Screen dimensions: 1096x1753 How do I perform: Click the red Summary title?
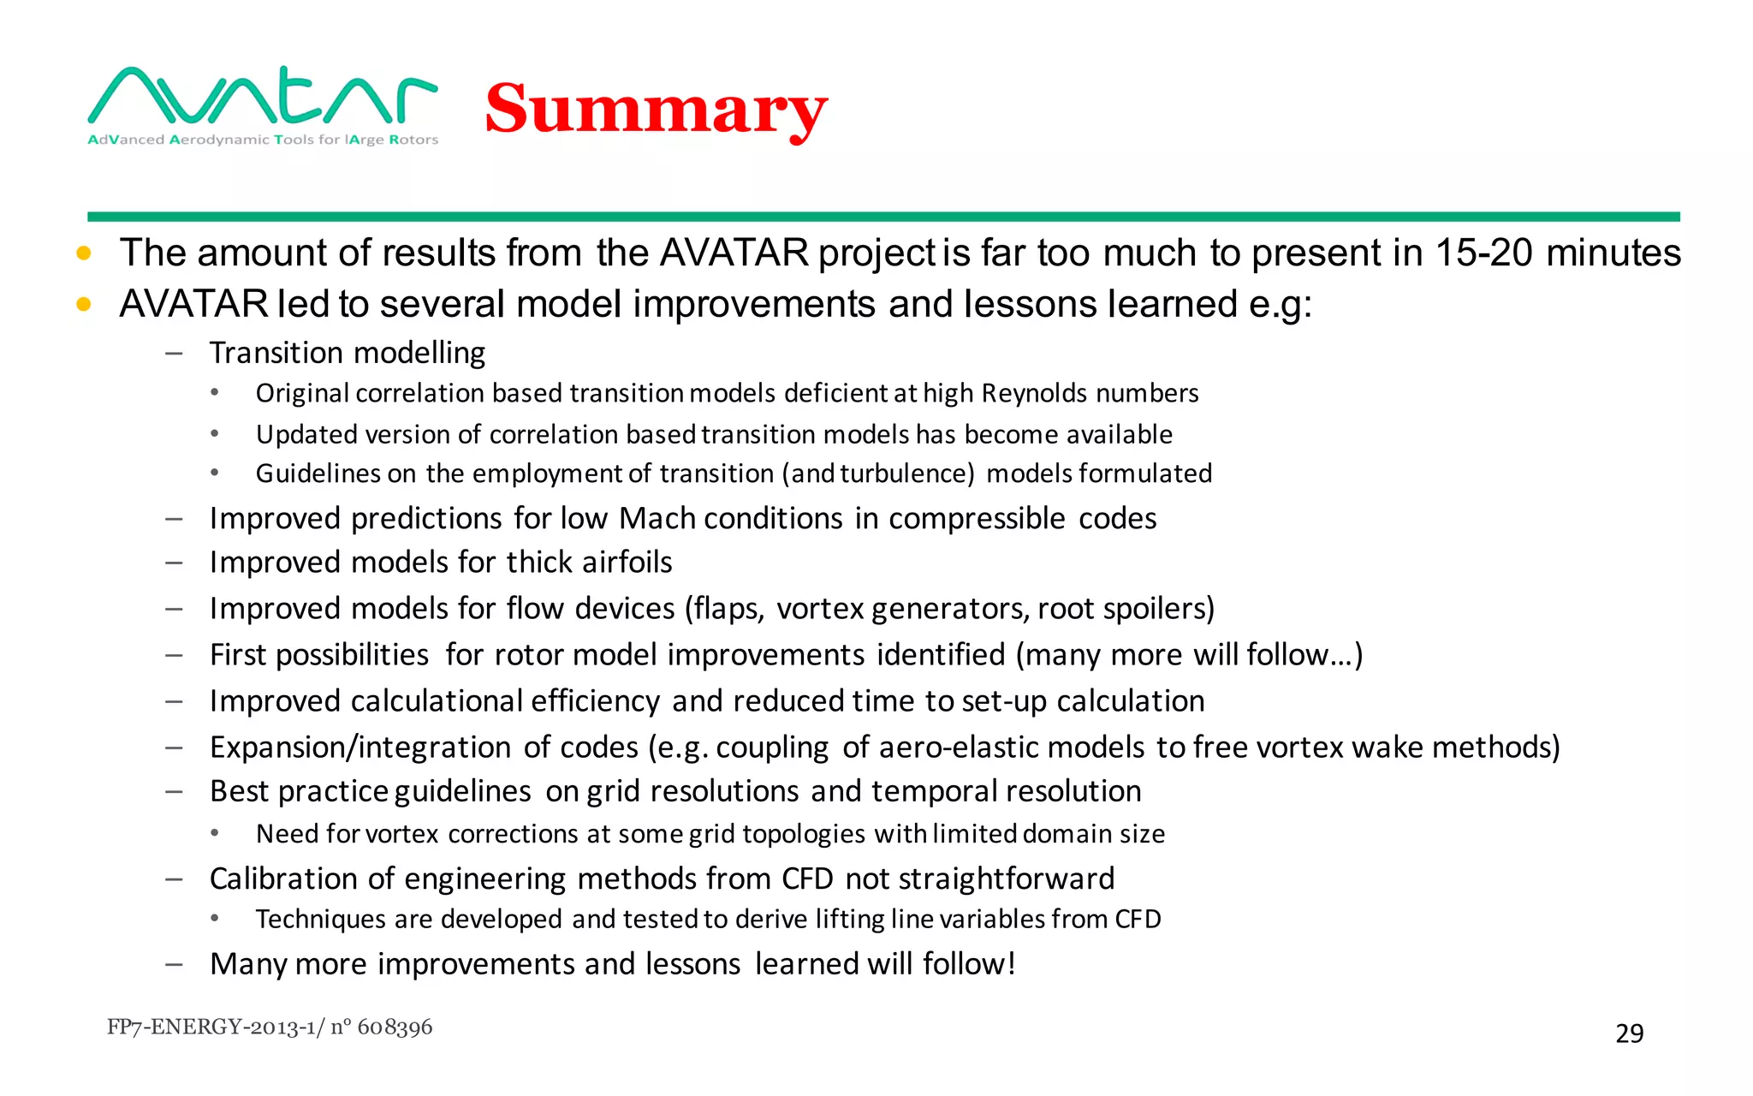tap(656, 110)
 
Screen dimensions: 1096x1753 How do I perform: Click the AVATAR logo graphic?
tap(263, 95)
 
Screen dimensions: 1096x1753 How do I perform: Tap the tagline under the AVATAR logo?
tap(263, 140)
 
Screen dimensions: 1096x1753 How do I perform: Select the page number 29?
tap(1629, 1033)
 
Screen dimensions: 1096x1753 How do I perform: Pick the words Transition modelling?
tap(348, 353)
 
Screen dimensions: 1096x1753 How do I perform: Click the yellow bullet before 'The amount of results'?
tap(84, 253)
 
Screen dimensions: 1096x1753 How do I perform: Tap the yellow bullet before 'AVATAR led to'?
tap(84, 304)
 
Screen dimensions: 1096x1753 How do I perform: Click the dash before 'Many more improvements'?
tap(175, 965)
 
